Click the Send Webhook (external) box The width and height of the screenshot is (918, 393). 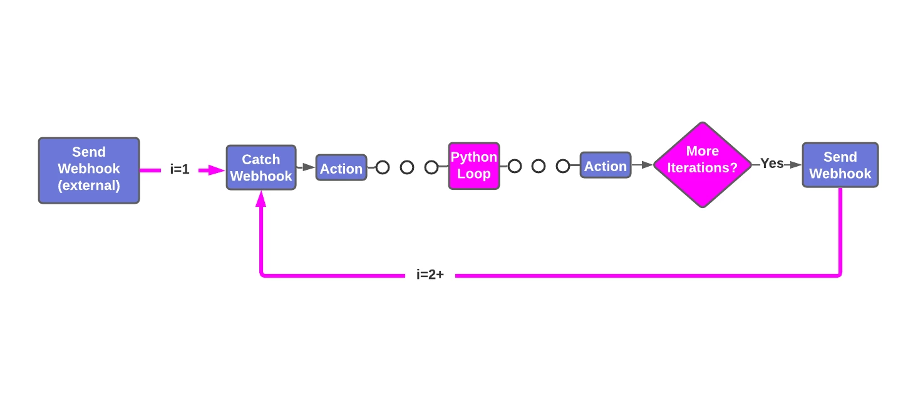tap(88, 170)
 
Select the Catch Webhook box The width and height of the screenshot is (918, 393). tap(260, 167)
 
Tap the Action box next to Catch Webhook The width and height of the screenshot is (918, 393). tap(341, 168)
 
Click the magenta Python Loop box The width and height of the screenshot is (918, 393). tap(473, 165)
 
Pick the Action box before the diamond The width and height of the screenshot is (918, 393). tap(605, 165)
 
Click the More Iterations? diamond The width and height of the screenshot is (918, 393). tap(702, 165)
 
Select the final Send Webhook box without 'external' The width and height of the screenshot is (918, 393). tap(840, 165)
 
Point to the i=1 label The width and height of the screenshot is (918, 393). tap(179, 169)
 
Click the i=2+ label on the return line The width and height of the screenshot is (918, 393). tap(430, 275)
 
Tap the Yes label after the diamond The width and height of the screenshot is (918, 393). tap(771, 164)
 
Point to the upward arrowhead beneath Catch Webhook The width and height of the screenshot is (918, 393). tap(260, 198)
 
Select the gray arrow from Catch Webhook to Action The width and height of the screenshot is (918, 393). tap(306, 167)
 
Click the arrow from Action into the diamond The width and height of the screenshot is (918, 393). tap(642, 165)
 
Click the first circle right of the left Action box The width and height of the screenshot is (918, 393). tap(383, 167)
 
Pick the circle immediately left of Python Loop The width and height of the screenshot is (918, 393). tap(431, 167)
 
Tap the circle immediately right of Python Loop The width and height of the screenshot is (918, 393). tap(515, 166)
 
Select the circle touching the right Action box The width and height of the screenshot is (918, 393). tap(563, 166)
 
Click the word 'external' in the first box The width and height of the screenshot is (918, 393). tap(88, 186)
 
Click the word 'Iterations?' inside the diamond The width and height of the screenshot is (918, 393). tap(702, 169)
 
